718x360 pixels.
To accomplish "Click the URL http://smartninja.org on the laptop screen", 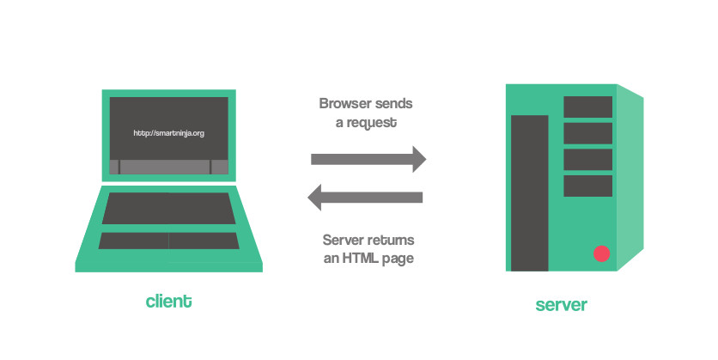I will point(168,133).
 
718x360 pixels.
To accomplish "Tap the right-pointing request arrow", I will point(368,159).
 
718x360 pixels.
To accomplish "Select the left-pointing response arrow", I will point(366,198).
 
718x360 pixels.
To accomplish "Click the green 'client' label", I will point(168,302).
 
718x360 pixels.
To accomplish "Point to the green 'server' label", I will point(562,304).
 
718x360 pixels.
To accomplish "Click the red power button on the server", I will point(601,253).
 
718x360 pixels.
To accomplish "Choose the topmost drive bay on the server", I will point(587,107).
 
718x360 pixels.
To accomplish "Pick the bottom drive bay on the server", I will point(587,186).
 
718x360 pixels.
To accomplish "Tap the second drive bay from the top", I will point(587,133).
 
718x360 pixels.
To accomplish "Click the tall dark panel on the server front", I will point(530,192).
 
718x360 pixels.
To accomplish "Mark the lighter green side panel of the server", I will point(630,177).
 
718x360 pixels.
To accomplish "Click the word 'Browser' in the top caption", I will point(344,104).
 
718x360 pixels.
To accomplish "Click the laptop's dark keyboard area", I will point(169,209).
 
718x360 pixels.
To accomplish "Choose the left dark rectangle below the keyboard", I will point(133,241).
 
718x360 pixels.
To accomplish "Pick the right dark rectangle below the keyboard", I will point(204,241).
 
